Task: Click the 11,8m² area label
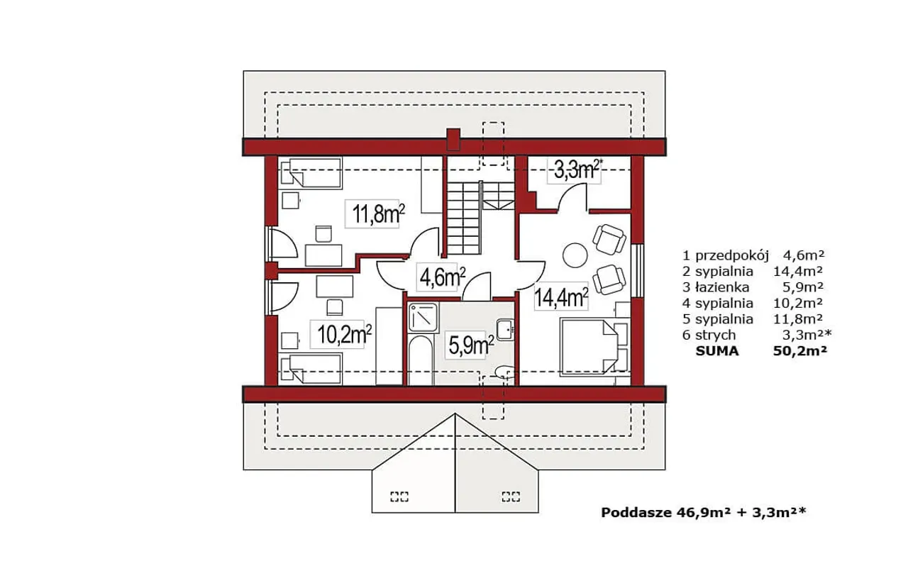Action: pyautogui.click(x=378, y=213)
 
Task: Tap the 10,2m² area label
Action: pyautogui.click(x=344, y=334)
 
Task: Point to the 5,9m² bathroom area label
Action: pyautogui.click(x=470, y=344)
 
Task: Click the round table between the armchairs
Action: pyautogui.click(x=575, y=255)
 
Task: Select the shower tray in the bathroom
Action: pyautogui.click(x=423, y=318)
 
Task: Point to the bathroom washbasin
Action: pyautogui.click(x=505, y=330)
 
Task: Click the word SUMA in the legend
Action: pyautogui.click(x=717, y=351)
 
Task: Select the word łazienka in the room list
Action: pyautogui.click(x=721, y=287)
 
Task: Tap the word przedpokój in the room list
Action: pyautogui.click(x=732, y=256)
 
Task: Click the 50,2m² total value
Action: pyautogui.click(x=799, y=351)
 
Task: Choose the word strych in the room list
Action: pyautogui.click(x=716, y=335)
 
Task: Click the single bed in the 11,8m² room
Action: pyautogui.click(x=311, y=173)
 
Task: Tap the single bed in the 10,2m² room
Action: pyautogui.click(x=311, y=369)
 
